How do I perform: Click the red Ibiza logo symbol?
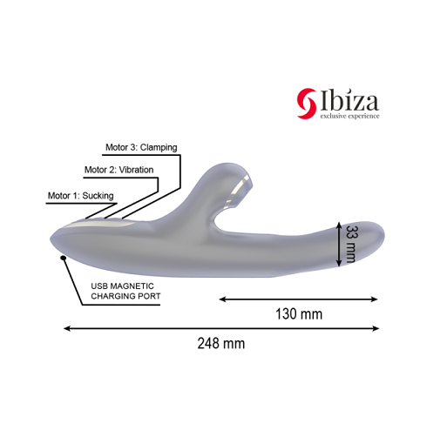click(x=307, y=101)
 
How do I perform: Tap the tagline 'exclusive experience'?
click(x=349, y=115)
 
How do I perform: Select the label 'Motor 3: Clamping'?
click(x=141, y=147)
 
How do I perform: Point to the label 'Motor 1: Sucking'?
click(x=81, y=196)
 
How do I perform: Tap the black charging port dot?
click(x=62, y=258)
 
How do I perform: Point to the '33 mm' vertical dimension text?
click(x=351, y=245)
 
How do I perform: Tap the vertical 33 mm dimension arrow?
click(x=339, y=245)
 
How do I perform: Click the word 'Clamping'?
click(x=158, y=147)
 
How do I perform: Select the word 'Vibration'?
click(x=135, y=169)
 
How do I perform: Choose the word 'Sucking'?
click(x=98, y=196)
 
